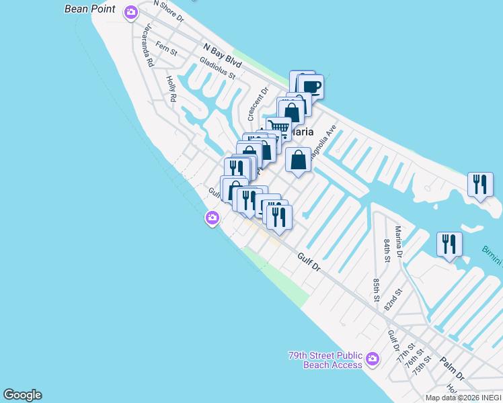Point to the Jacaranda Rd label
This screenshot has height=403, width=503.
(149, 45)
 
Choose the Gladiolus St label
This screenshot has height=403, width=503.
(217, 67)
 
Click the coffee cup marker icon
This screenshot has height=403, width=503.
(311, 86)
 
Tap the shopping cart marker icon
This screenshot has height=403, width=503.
(278, 128)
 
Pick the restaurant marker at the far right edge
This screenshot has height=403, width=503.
(480, 184)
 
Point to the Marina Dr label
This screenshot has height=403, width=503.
(397, 242)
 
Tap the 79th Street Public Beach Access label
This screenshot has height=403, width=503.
(325, 360)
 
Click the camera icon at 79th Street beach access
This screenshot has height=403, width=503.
(375, 359)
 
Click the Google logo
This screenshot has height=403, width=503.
(22, 395)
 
